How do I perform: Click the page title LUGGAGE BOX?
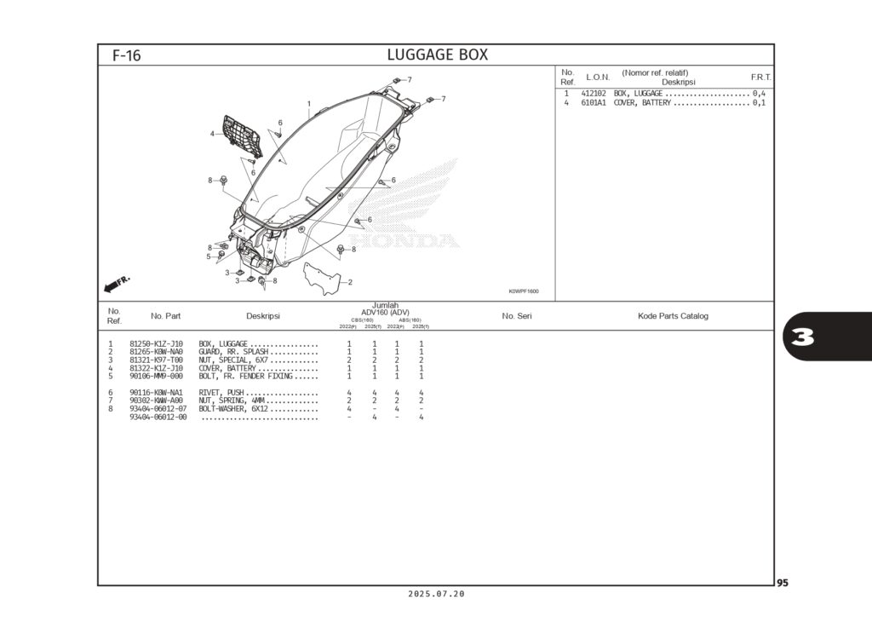[437, 55]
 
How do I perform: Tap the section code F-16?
[126, 56]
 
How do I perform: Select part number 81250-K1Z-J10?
[156, 343]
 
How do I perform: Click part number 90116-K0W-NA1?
[156, 393]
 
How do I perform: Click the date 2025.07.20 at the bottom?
[436, 594]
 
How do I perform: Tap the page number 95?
[783, 583]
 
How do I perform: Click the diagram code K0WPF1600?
[524, 291]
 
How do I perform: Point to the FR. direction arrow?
[116, 283]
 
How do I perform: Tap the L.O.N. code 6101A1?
[594, 103]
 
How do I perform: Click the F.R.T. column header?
[760, 78]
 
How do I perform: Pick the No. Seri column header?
[517, 316]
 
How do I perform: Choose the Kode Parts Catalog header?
[673, 316]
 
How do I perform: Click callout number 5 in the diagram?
[208, 256]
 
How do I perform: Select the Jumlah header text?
[385, 305]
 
